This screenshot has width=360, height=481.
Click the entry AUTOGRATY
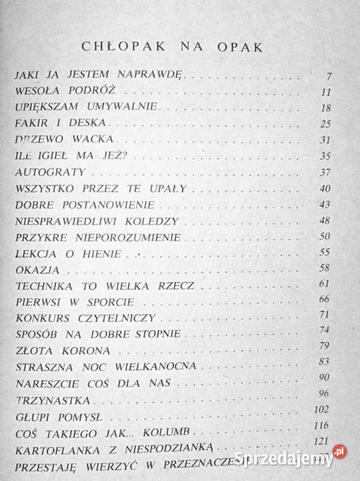tap(43, 172)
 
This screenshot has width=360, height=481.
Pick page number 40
tap(327, 189)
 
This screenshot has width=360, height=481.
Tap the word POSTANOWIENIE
tap(100, 205)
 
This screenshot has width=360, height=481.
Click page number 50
tap(327, 237)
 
